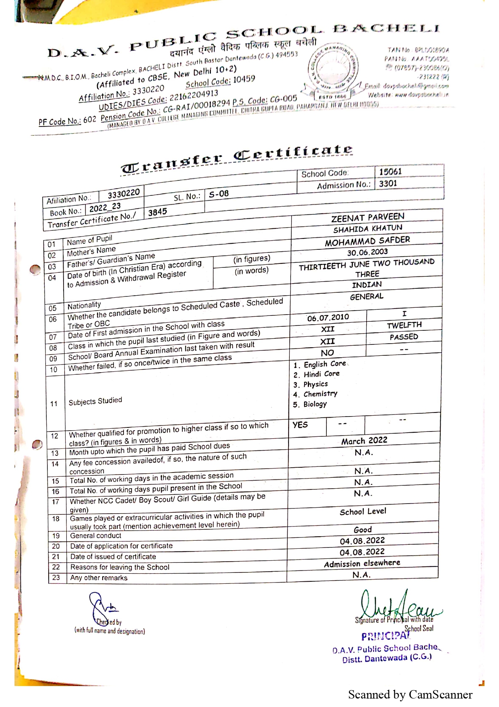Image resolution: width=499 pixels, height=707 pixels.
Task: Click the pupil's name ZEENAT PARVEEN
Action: (x=367, y=218)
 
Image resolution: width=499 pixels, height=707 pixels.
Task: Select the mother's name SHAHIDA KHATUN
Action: (x=367, y=229)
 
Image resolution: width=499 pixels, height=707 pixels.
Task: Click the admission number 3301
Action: (x=388, y=184)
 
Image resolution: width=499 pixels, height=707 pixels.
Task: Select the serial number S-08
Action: (x=219, y=194)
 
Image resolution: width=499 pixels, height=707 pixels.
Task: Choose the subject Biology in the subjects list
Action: (x=315, y=404)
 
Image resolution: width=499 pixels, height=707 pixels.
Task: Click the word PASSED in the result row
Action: (x=404, y=337)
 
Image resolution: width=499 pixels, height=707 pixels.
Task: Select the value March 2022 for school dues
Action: (x=364, y=441)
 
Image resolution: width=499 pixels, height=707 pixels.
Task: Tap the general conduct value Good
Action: (x=363, y=530)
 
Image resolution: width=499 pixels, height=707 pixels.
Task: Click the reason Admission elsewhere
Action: (x=362, y=563)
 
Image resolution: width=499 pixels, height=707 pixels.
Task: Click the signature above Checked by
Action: (x=103, y=606)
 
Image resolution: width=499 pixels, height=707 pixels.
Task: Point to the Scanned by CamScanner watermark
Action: (x=410, y=695)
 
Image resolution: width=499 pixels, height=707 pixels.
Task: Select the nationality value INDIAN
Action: (x=367, y=285)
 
